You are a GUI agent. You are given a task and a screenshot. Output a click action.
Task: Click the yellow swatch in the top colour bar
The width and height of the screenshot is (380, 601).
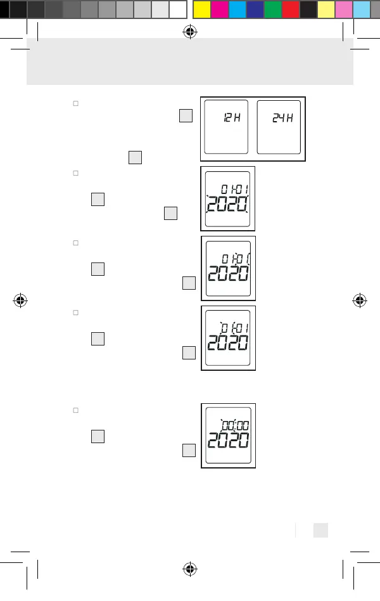pos(201,9)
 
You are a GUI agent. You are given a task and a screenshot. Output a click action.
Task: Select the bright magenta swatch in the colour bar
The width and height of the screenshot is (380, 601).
pos(219,9)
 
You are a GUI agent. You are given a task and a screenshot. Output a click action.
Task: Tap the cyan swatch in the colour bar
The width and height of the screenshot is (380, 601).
pos(237,9)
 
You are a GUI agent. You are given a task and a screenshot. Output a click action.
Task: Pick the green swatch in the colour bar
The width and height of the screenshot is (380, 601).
pos(273,9)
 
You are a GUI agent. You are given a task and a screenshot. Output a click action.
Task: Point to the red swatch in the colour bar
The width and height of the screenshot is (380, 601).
pos(291,9)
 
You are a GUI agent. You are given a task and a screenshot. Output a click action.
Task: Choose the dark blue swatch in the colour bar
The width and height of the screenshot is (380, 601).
pos(255,9)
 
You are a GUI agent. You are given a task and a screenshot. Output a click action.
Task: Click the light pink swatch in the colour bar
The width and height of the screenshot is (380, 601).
pos(344,9)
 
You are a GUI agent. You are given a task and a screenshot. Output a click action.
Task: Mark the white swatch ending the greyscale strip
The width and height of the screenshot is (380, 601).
pos(178,9)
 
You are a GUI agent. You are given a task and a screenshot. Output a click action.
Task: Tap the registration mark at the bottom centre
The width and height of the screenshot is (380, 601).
pos(189,569)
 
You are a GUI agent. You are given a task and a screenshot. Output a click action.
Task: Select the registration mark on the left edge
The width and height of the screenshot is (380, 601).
pos(20,300)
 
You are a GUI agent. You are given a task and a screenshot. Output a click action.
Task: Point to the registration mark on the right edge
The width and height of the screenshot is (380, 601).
pos(360,300)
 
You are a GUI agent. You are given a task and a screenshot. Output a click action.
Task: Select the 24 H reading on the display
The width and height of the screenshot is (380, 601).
pos(282,119)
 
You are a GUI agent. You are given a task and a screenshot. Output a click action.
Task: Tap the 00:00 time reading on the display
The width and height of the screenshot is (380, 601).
pos(234,425)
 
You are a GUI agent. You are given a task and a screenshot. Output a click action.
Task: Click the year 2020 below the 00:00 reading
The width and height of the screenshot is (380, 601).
pos(228,441)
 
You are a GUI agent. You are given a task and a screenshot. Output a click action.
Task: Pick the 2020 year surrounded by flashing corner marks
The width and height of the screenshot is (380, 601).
pos(227,204)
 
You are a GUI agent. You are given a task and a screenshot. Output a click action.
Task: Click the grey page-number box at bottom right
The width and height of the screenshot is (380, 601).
pos(320,529)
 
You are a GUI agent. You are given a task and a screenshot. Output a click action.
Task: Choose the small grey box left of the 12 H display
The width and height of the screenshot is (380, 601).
pos(186,115)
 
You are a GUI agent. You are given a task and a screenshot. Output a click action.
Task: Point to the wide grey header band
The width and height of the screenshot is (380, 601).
pos(189,61)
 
